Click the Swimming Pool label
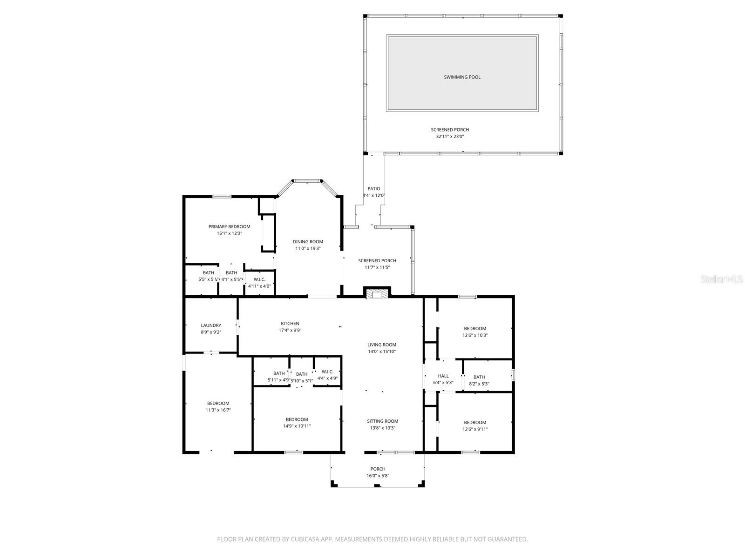(x=462, y=77)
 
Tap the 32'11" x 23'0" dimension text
(x=449, y=137)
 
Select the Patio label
(x=374, y=189)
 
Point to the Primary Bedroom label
(x=229, y=226)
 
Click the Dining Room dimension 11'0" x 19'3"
(x=308, y=248)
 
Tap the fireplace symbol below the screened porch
(x=377, y=294)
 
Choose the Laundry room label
(x=211, y=325)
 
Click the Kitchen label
(x=290, y=324)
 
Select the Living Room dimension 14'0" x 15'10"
(x=381, y=352)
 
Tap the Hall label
(x=443, y=376)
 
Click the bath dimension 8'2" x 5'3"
(x=479, y=384)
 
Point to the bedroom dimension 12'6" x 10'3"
(x=474, y=335)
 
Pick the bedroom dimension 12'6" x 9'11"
(x=474, y=429)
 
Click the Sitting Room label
(x=382, y=421)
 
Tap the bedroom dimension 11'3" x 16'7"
(x=218, y=410)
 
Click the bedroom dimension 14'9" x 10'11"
(x=297, y=426)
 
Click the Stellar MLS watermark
(x=722, y=279)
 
